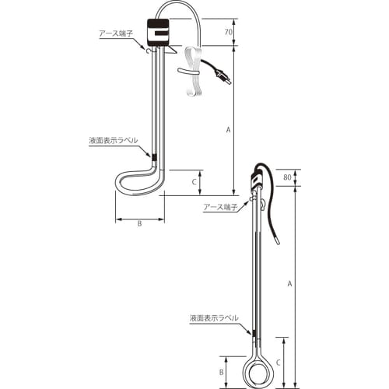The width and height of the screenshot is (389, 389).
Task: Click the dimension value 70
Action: [x=228, y=32]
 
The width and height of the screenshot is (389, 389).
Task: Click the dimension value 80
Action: [x=287, y=177]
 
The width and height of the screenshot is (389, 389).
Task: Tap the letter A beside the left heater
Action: [x=228, y=130]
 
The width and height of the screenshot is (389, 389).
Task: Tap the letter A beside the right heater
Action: [x=290, y=284]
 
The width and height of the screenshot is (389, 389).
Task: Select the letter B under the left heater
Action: [x=139, y=223]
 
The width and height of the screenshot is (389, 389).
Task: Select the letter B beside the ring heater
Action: [x=221, y=373]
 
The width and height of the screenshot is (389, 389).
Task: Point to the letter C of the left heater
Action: [x=194, y=182]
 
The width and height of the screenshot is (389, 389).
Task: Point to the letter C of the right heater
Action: [x=279, y=363]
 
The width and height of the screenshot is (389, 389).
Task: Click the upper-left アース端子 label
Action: [x=116, y=33]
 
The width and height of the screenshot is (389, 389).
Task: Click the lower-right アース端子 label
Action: [x=221, y=207]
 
